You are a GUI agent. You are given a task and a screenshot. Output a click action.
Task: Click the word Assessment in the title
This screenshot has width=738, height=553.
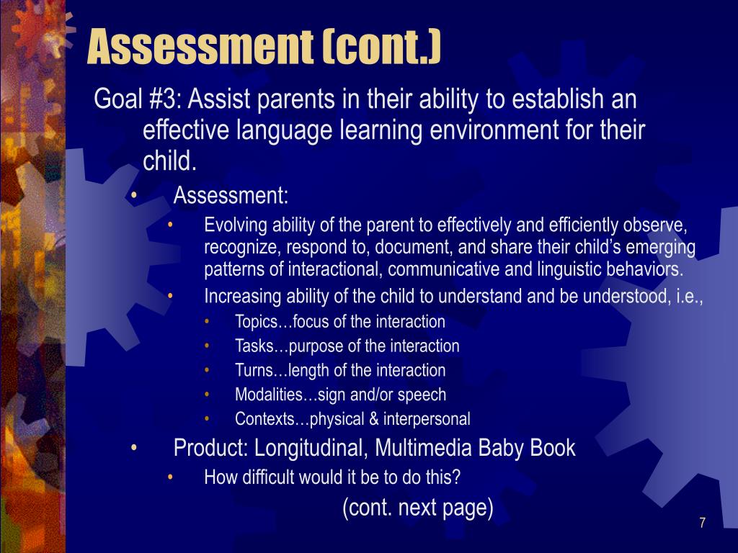200,47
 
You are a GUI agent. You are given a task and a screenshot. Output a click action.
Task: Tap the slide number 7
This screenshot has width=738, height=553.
702,523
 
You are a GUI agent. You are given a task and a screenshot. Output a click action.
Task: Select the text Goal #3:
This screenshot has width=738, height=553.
138,99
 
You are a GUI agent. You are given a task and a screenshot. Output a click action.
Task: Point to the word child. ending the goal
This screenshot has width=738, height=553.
169,161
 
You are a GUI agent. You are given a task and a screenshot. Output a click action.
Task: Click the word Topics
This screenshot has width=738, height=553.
256,322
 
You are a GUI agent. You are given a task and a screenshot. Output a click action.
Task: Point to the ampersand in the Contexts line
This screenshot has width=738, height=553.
374,419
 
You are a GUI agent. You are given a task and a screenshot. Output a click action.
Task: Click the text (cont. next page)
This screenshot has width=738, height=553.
418,508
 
